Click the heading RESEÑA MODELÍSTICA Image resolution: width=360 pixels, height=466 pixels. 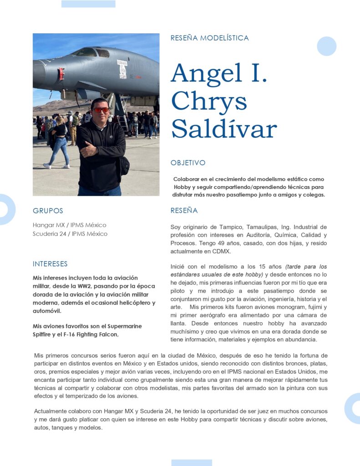(209, 38)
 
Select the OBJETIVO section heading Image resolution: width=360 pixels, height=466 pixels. (188, 162)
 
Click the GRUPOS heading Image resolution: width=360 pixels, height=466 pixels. (48, 211)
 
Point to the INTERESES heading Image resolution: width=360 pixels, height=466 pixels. (50, 264)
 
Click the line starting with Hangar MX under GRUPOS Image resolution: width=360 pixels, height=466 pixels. (69, 225)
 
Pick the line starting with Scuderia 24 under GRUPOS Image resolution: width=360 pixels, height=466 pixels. (70, 234)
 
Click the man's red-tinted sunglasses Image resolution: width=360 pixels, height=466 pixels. (101, 110)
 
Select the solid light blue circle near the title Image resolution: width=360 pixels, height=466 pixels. (326, 46)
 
